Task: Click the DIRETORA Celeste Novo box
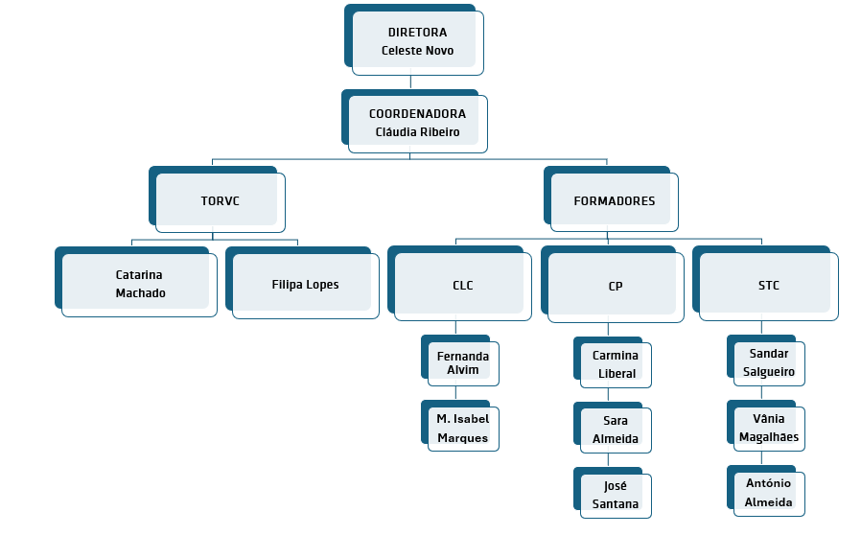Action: [x=417, y=41]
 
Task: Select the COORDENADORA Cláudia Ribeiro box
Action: [x=417, y=123]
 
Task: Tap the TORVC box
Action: [x=220, y=201]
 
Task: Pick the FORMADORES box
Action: [x=614, y=201]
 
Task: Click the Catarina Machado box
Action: [x=139, y=284]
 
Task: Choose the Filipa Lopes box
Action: [x=305, y=285]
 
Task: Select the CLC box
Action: [x=462, y=285]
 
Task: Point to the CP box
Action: [x=616, y=286]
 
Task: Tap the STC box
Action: [x=768, y=285]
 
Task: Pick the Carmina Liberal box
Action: [x=615, y=364]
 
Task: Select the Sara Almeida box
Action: [x=615, y=430]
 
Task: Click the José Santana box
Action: [x=615, y=495]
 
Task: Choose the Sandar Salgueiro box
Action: [x=768, y=362]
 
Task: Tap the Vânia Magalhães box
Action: [x=768, y=428]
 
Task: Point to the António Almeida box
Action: [x=768, y=493]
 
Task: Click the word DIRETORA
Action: [x=417, y=33]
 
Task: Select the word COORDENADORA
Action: [x=417, y=113]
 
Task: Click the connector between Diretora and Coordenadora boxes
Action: [x=410, y=81]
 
